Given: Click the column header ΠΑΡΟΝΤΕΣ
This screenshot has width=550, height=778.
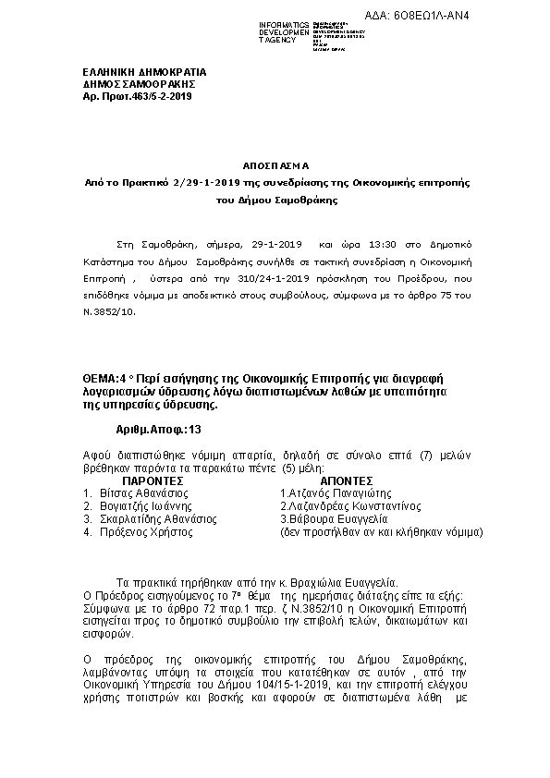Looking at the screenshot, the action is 154,480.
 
